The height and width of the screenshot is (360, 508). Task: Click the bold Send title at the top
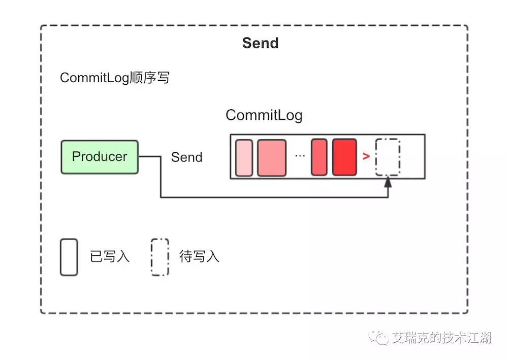[260, 43]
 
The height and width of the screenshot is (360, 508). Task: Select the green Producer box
[100, 157]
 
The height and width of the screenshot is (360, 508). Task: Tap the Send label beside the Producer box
[186, 157]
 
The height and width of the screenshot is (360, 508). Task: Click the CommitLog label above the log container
[264, 115]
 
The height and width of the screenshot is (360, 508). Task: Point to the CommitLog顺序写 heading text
[115, 78]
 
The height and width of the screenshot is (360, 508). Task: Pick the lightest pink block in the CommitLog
[244, 157]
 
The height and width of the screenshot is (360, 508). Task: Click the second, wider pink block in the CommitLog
[272, 157]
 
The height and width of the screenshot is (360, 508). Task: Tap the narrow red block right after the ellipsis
[319, 157]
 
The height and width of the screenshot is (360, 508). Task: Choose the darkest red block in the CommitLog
[344, 157]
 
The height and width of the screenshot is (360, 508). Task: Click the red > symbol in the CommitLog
[366, 157]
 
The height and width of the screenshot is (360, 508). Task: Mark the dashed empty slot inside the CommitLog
[388, 157]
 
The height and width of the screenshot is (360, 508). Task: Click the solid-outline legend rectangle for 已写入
[69, 257]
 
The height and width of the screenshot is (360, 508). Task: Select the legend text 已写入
[110, 257]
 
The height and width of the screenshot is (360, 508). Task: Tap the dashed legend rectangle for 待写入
[160, 257]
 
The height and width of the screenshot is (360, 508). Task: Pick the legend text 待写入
[199, 257]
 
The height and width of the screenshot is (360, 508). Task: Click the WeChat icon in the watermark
[378, 337]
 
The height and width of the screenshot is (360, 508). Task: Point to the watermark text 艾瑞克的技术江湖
[441, 338]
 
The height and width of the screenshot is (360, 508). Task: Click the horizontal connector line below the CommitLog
[274, 197]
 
